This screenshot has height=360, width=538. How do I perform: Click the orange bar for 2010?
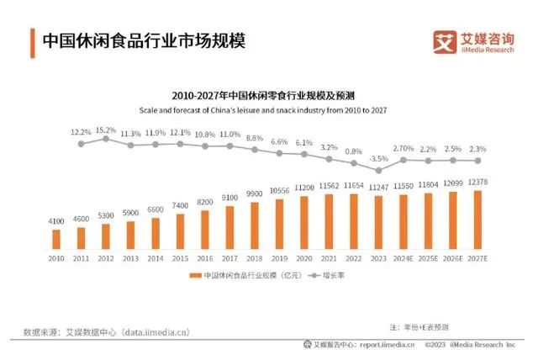(x=56, y=239)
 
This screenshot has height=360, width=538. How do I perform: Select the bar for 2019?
(x=279, y=225)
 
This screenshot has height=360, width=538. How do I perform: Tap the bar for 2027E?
(x=478, y=220)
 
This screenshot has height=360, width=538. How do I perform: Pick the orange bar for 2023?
(x=378, y=223)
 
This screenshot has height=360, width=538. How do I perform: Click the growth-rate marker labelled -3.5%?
(x=378, y=171)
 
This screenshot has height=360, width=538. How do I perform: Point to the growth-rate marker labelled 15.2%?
(x=106, y=139)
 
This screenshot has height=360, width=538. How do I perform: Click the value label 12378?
(x=479, y=182)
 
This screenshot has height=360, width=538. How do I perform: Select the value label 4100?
(x=56, y=220)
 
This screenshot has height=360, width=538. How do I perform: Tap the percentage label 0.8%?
(x=354, y=151)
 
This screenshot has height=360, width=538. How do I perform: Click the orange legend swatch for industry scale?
(x=193, y=275)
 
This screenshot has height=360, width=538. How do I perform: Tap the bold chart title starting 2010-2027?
(x=268, y=96)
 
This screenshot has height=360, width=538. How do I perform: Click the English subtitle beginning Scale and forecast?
(x=268, y=110)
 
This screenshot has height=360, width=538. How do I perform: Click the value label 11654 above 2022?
(x=354, y=184)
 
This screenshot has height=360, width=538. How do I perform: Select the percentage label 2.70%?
(x=403, y=149)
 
